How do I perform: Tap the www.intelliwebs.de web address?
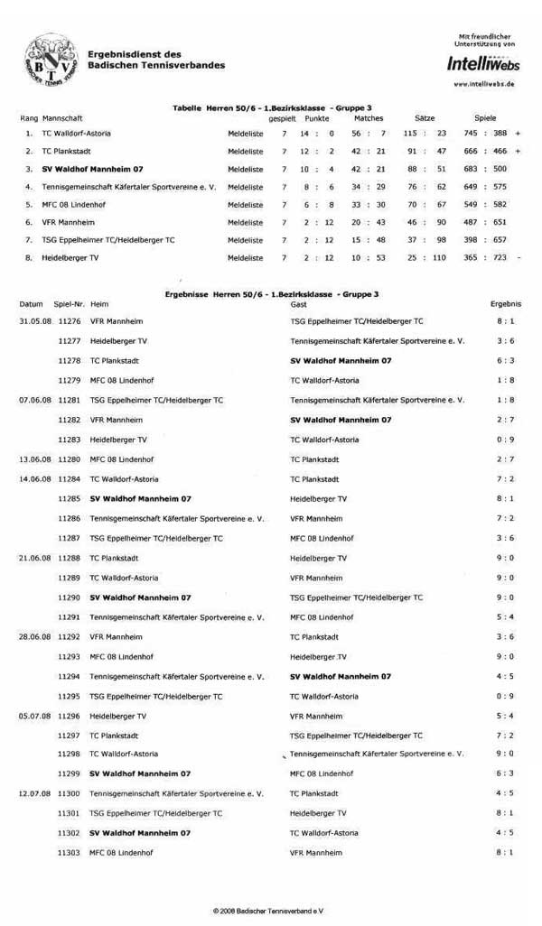(483, 83)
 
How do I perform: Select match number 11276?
(69, 320)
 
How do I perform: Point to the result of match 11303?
(505, 852)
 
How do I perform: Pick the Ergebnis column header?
(505, 304)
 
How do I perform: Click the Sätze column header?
(425, 118)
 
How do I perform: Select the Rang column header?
(29, 118)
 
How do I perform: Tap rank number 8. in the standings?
(29, 257)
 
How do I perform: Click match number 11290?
(69, 597)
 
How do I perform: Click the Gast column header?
(298, 304)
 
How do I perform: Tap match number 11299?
(69, 773)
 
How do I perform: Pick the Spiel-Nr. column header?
(69, 304)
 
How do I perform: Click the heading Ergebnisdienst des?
(135, 55)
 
